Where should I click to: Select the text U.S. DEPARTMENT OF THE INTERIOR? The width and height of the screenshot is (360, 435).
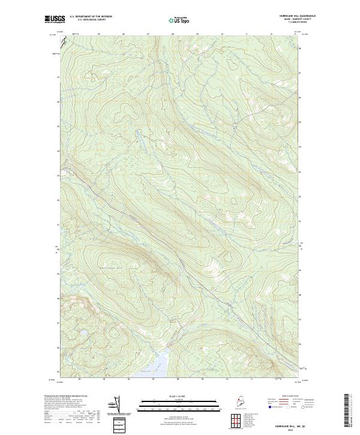(91, 16)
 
